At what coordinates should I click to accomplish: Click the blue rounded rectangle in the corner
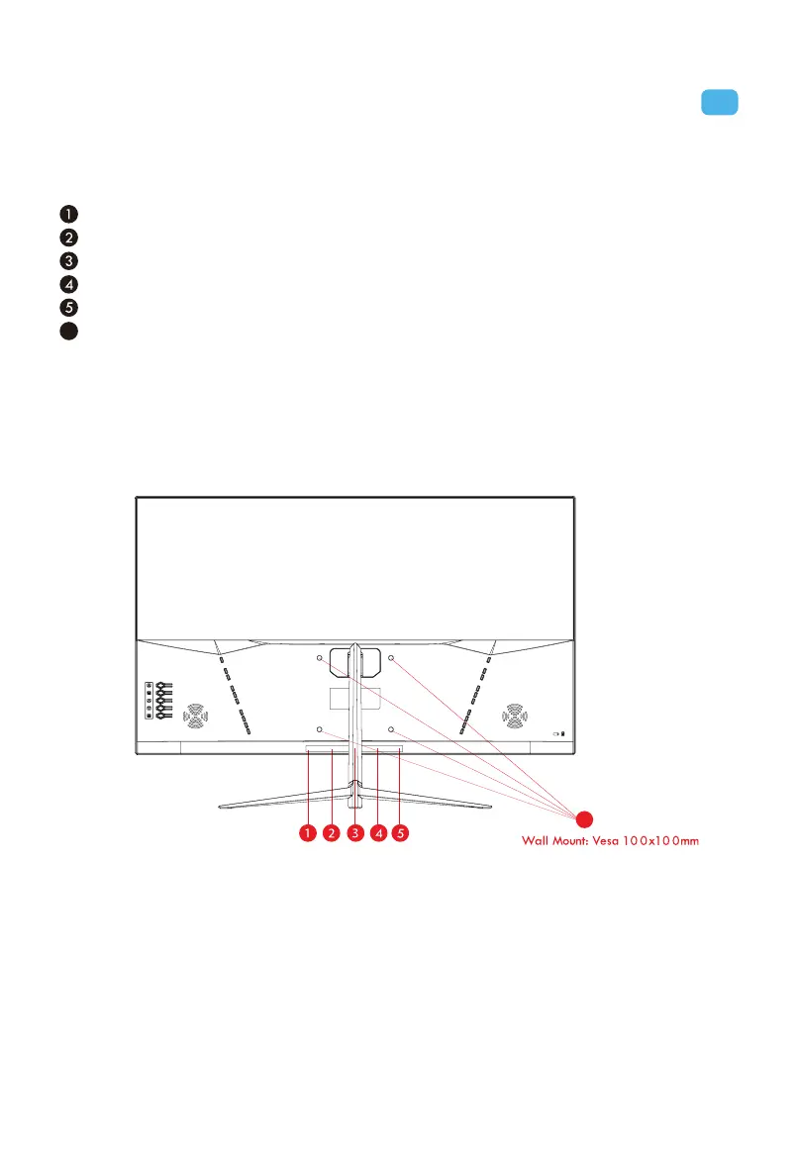(720, 102)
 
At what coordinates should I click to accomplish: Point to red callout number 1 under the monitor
(309, 833)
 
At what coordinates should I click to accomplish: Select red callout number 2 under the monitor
(332, 833)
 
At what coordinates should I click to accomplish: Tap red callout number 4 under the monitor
(377, 833)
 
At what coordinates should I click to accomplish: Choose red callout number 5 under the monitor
(400, 833)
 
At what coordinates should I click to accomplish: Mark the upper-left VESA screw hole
(320, 658)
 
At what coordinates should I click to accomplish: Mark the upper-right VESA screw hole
(391, 658)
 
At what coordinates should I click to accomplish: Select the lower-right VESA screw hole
(391, 729)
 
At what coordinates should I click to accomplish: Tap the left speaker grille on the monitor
(195, 714)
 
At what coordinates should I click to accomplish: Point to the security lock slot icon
(559, 734)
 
